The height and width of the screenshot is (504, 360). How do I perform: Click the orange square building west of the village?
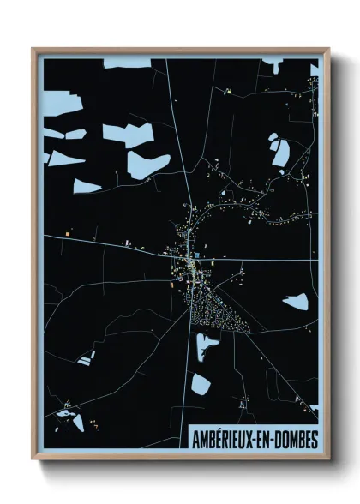(67, 231)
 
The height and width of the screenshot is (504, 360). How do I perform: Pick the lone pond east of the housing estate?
(296, 301)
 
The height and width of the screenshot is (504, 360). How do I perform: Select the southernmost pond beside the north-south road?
(199, 383)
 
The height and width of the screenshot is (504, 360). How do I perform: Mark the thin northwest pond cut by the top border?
(127, 63)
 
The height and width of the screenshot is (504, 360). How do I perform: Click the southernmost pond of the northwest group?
(87, 186)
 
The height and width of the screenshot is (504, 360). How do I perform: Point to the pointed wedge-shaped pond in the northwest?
(65, 159)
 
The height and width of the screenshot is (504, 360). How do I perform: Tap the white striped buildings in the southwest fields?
(86, 357)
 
